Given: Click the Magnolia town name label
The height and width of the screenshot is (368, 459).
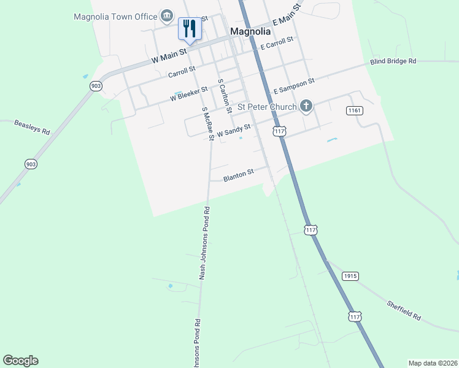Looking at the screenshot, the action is [x=250, y=31].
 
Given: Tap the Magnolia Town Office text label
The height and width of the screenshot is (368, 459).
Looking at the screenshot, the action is [x=115, y=17].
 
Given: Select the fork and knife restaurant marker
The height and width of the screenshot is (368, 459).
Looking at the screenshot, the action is [x=190, y=28].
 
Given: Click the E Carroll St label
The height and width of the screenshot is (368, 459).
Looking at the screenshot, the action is [x=277, y=43].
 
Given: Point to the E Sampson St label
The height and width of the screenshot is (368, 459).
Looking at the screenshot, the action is [x=294, y=86].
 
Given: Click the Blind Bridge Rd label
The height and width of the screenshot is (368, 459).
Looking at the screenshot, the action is [x=393, y=61].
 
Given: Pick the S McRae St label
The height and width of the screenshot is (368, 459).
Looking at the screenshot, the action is [x=207, y=123].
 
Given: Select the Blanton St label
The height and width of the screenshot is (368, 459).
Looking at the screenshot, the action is [x=239, y=175].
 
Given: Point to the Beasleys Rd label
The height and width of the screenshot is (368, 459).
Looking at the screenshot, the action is [x=33, y=128].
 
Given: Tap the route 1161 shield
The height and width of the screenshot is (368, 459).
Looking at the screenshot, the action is [x=354, y=110].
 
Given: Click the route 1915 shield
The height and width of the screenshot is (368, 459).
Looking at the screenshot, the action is [x=350, y=276].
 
